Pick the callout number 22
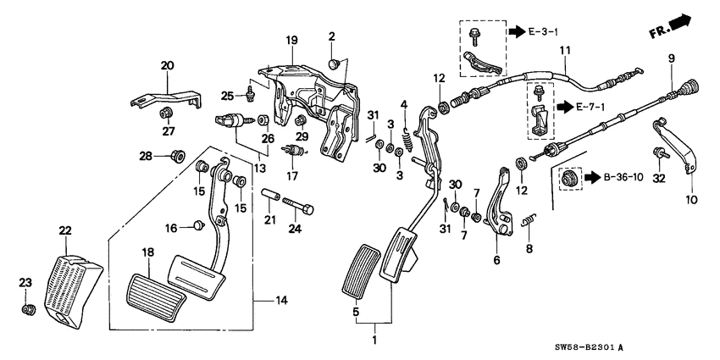click(65, 230)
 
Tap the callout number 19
click(291, 40)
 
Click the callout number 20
click(167, 64)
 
